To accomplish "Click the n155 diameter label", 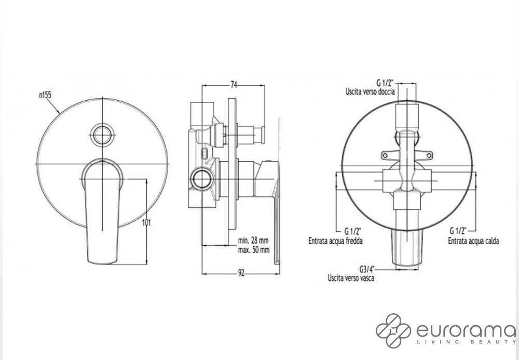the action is tap(45, 96).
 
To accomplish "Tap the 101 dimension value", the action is tap(146, 222).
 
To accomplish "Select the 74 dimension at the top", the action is tap(234, 85).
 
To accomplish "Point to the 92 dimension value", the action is tap(241, 273).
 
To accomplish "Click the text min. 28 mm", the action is tap(253, 241).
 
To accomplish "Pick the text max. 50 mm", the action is tap(254, 250).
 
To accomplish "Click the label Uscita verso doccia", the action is tap(370, 91).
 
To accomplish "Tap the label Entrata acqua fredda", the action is tap(335, 241).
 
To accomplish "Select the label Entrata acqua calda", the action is tap(473, 241).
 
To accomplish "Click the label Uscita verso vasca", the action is tap(351, 277).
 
